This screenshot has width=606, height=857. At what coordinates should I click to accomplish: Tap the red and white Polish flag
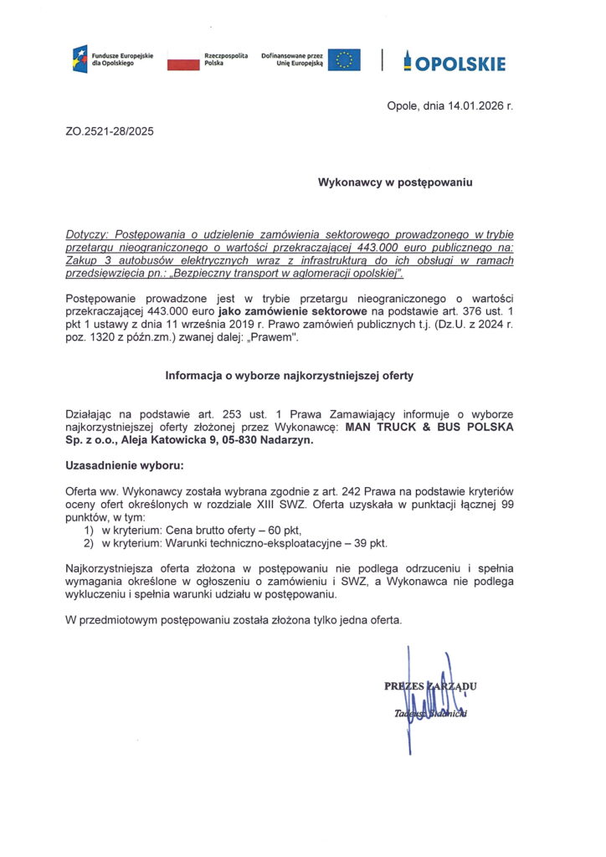[x=181, y=60]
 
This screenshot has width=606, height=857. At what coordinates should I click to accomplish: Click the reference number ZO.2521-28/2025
[x=109, y=131]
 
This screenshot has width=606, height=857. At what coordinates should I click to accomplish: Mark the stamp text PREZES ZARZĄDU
[x=430, y=687]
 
